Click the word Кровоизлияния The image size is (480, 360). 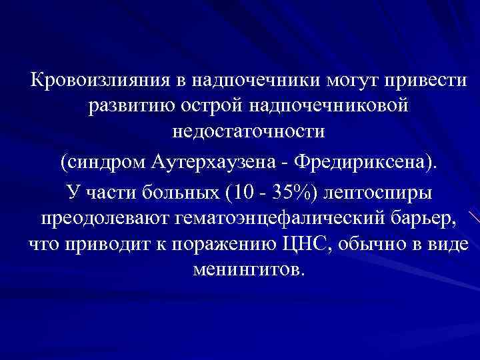tap(99, 82)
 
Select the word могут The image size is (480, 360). tap(351, 82)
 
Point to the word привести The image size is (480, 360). tap(423, 82)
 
